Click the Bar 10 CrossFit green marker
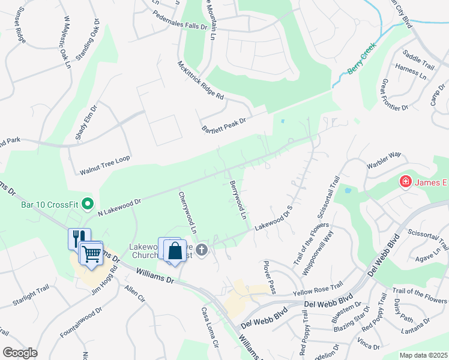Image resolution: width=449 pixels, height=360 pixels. pos(89,204)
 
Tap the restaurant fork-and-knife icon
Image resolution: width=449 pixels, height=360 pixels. pos(79,238)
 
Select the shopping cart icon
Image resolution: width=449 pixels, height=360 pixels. pos(91,253)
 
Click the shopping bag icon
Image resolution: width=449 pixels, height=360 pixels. pos(175,250)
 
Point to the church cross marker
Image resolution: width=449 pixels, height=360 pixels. pos(202,250)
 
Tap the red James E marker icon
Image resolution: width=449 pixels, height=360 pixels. pos(406,181)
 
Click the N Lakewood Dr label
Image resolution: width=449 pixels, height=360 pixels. pos(119,204)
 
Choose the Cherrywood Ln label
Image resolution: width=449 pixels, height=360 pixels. pos(187,212)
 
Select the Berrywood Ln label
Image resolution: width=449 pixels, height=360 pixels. pos(238,200)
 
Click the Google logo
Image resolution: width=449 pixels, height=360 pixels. pos(20,352)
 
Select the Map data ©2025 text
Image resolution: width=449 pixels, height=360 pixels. pos(423,355)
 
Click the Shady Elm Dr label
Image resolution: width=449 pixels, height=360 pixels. pos(86,123)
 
